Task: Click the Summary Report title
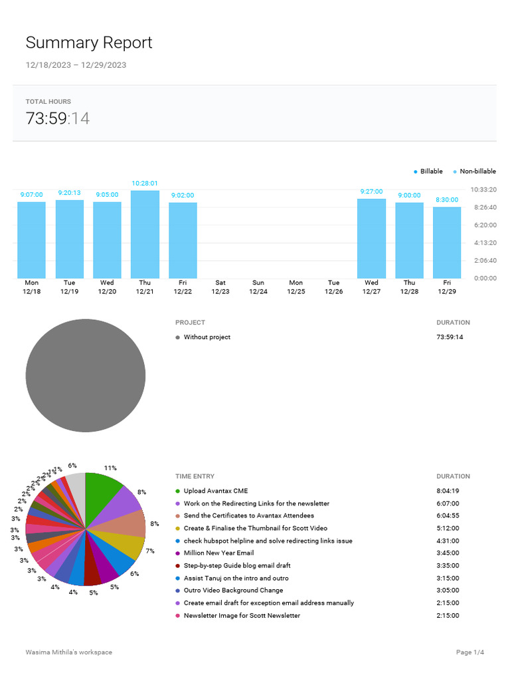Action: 89,43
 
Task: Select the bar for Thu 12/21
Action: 145,234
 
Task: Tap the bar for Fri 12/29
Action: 447,242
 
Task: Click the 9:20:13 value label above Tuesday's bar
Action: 69,193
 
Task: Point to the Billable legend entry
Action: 428,172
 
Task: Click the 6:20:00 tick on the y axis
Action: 483,225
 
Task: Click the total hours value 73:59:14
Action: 58,119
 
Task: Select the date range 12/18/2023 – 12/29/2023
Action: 76,65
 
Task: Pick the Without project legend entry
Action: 207,337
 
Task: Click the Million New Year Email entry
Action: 218,553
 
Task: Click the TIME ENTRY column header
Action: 195,476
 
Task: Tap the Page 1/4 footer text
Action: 470,652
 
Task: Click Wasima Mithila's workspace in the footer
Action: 69,652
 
